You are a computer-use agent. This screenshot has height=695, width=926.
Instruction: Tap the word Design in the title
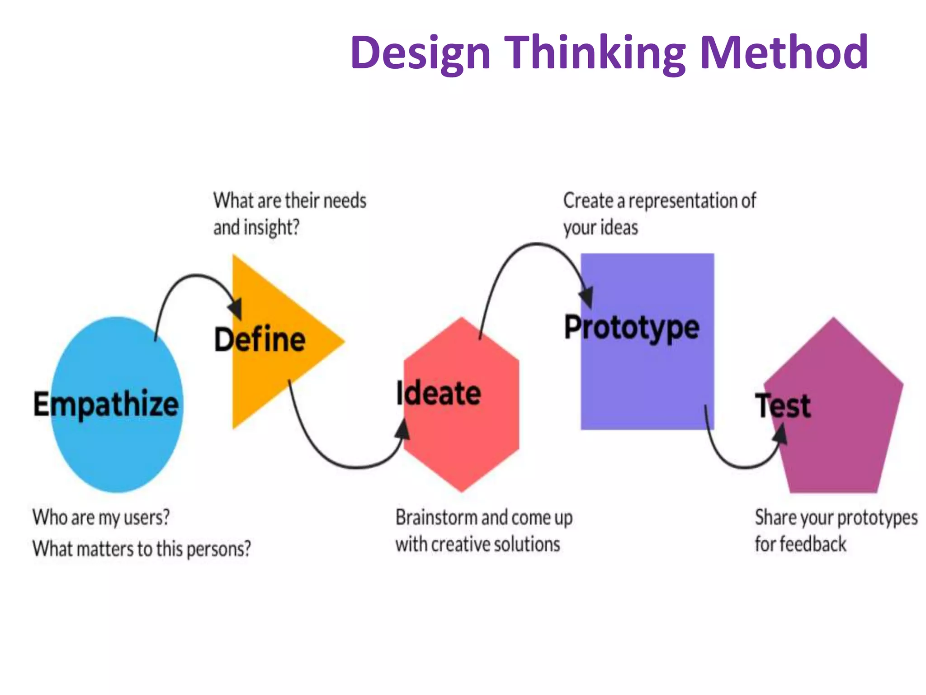[420, 53]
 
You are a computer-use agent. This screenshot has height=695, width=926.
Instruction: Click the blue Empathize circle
[117, 452]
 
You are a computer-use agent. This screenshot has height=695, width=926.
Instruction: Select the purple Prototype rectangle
[647, 376]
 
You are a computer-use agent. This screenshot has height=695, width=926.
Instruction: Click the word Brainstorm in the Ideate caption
[436, 517]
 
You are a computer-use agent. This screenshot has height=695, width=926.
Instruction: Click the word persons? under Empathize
[219, 549]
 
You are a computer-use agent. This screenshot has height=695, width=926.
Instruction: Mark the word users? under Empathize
[146, 517]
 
